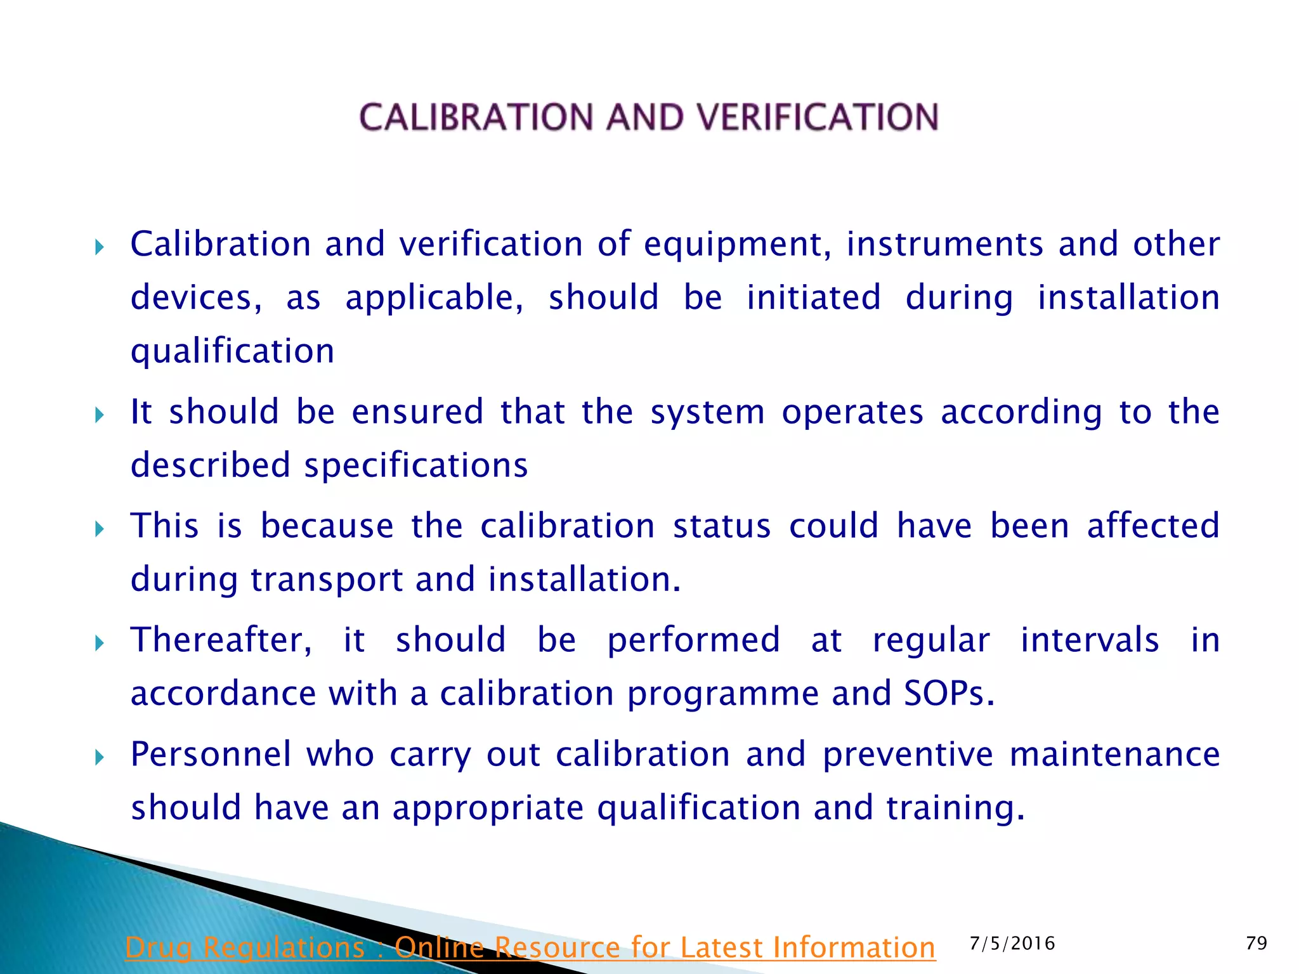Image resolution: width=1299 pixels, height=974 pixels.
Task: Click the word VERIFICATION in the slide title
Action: [818, 118]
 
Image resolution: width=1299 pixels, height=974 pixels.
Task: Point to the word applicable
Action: [434, 298]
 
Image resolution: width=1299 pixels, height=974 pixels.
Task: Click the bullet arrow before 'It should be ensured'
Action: [99, 415]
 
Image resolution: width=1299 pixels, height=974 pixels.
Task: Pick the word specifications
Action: [416, 466]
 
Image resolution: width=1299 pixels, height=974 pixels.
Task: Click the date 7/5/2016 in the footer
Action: [1012, 944]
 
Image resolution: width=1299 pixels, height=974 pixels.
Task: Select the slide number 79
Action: [1257, 944]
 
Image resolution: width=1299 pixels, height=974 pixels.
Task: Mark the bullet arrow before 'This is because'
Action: [99, 529]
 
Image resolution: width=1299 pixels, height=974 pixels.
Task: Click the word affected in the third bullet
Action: [1153, 526]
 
